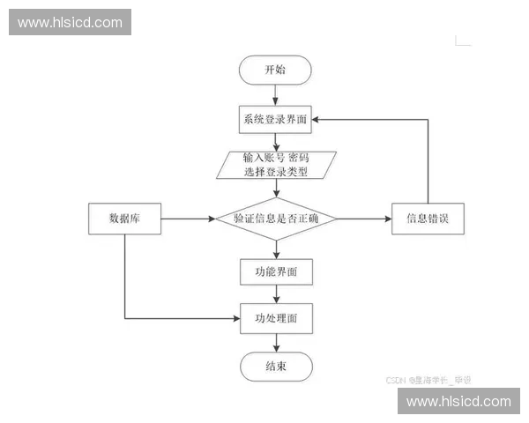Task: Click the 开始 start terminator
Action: [x=276, y=70]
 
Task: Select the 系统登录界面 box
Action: [x=276, y=119]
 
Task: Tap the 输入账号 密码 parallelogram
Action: [x=276, y=165]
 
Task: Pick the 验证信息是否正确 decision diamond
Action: [x=276, y=219]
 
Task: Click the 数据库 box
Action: [x=124, y=219]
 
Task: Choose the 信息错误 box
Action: [x=428, y=219]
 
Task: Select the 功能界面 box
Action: [x=276, y=272]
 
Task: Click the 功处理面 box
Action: [x=276, y=318]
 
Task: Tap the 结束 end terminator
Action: [x=276, y=365]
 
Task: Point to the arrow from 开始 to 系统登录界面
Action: [x=276, y=94]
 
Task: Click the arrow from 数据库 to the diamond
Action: [x=188, y=219]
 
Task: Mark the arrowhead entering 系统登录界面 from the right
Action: [x=318, y=119]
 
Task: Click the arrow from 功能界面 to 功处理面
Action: [x=276, y=294]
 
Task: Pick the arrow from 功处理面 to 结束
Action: [x=276, y=342]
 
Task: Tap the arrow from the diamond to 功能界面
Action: [x=276, y=249]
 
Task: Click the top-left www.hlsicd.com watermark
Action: [x=71, y=22]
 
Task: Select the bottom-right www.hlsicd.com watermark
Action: [x=458, y=401]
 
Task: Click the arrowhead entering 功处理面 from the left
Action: [x=236, y=318]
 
